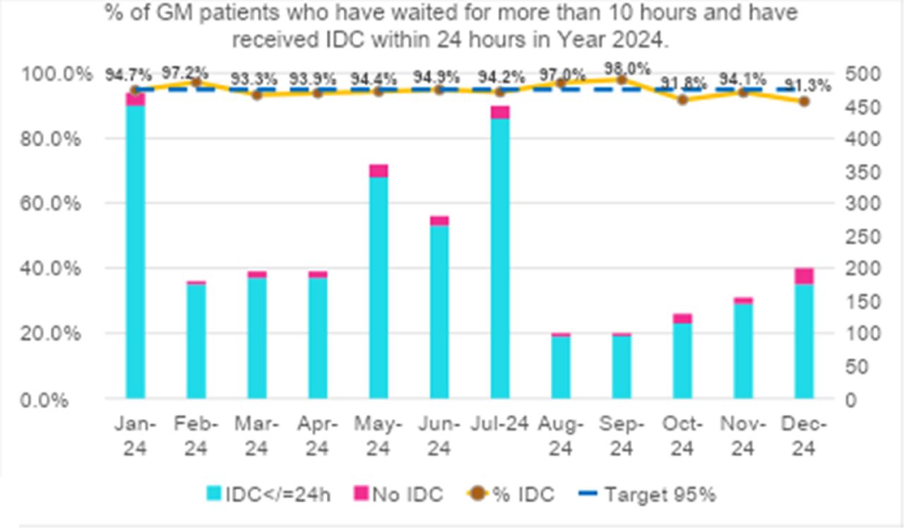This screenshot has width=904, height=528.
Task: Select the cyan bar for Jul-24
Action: point(500,259)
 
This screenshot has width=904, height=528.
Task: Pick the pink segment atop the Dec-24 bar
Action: point(804,276)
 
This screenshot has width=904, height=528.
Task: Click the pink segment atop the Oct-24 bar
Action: point(682,318)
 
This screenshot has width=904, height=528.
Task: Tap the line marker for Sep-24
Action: point(622,80)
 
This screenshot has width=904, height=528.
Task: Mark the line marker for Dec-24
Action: point(804,101)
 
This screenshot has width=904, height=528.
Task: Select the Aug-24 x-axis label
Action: point(561,435)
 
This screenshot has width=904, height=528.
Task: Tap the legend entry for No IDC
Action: point(399,495)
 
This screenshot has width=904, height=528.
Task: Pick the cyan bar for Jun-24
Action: point(439,312)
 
